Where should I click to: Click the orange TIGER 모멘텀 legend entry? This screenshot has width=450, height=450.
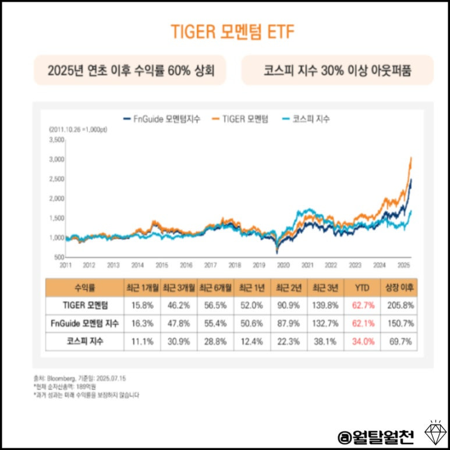244,119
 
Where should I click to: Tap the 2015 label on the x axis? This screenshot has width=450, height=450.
162,265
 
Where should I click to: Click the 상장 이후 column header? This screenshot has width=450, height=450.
398,288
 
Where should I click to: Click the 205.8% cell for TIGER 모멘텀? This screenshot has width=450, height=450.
398,304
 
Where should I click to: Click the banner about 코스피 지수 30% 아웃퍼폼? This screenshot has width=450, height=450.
337,70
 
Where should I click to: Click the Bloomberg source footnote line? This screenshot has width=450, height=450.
80,378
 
